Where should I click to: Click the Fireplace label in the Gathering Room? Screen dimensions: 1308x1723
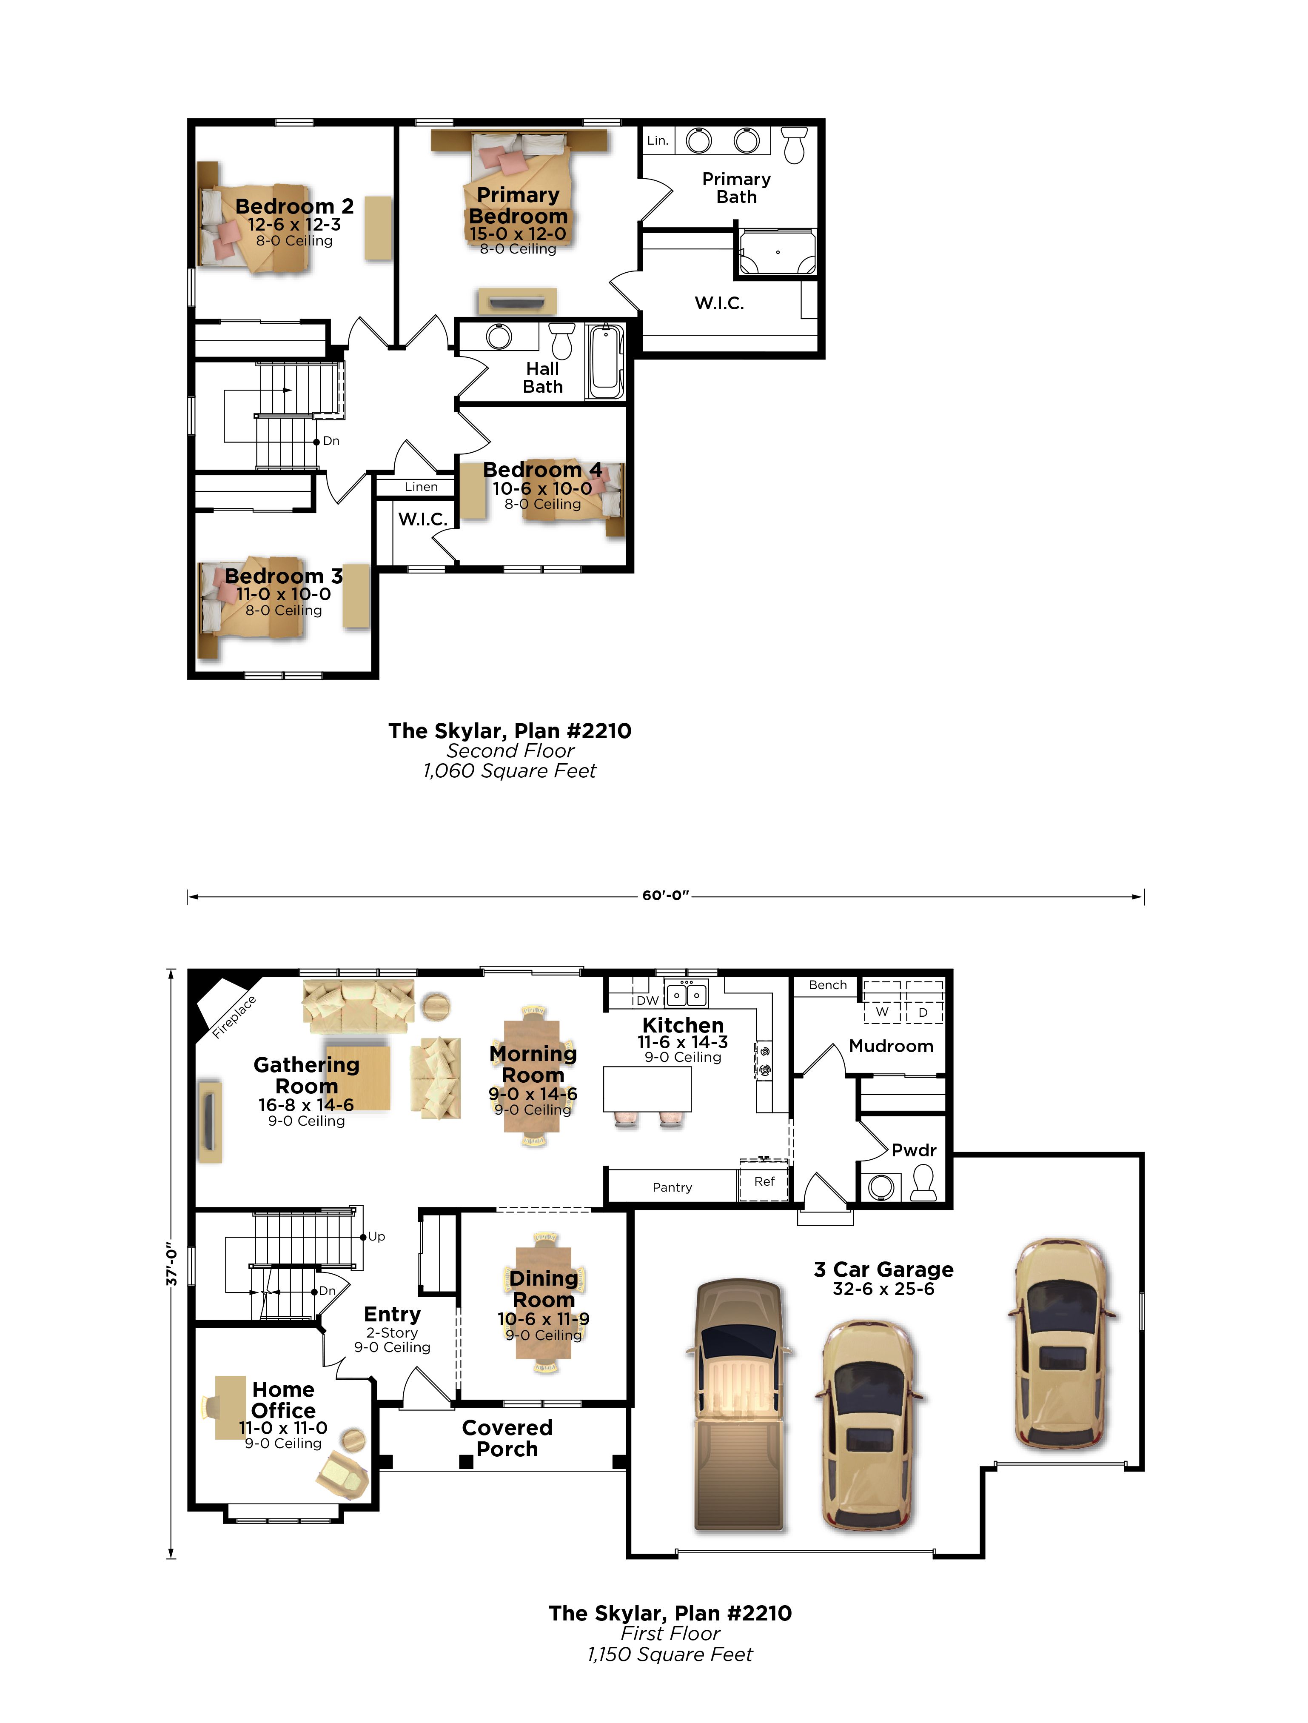[x=234, y=1017]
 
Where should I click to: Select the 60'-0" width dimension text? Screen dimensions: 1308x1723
[x=665, y=896]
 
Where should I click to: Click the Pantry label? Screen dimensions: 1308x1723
[x=673, y=1187]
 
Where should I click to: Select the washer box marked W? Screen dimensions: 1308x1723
[x=882, y=1002]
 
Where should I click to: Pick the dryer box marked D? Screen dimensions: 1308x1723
[x=923, y=1002]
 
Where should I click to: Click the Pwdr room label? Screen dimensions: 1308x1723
[x=914, y=1150]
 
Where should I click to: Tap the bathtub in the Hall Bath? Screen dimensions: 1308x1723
[x=606, y=362]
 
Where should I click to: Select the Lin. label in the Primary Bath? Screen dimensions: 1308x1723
[x=658, y=140]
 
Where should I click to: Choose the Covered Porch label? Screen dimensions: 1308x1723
[x=507, y=1438]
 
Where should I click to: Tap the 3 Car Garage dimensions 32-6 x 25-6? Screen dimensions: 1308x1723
[x=883, y=1288]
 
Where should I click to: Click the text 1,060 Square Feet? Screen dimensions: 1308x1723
[x=510, y=771]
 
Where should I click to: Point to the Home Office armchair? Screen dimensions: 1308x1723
[x=343, y=1475]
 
